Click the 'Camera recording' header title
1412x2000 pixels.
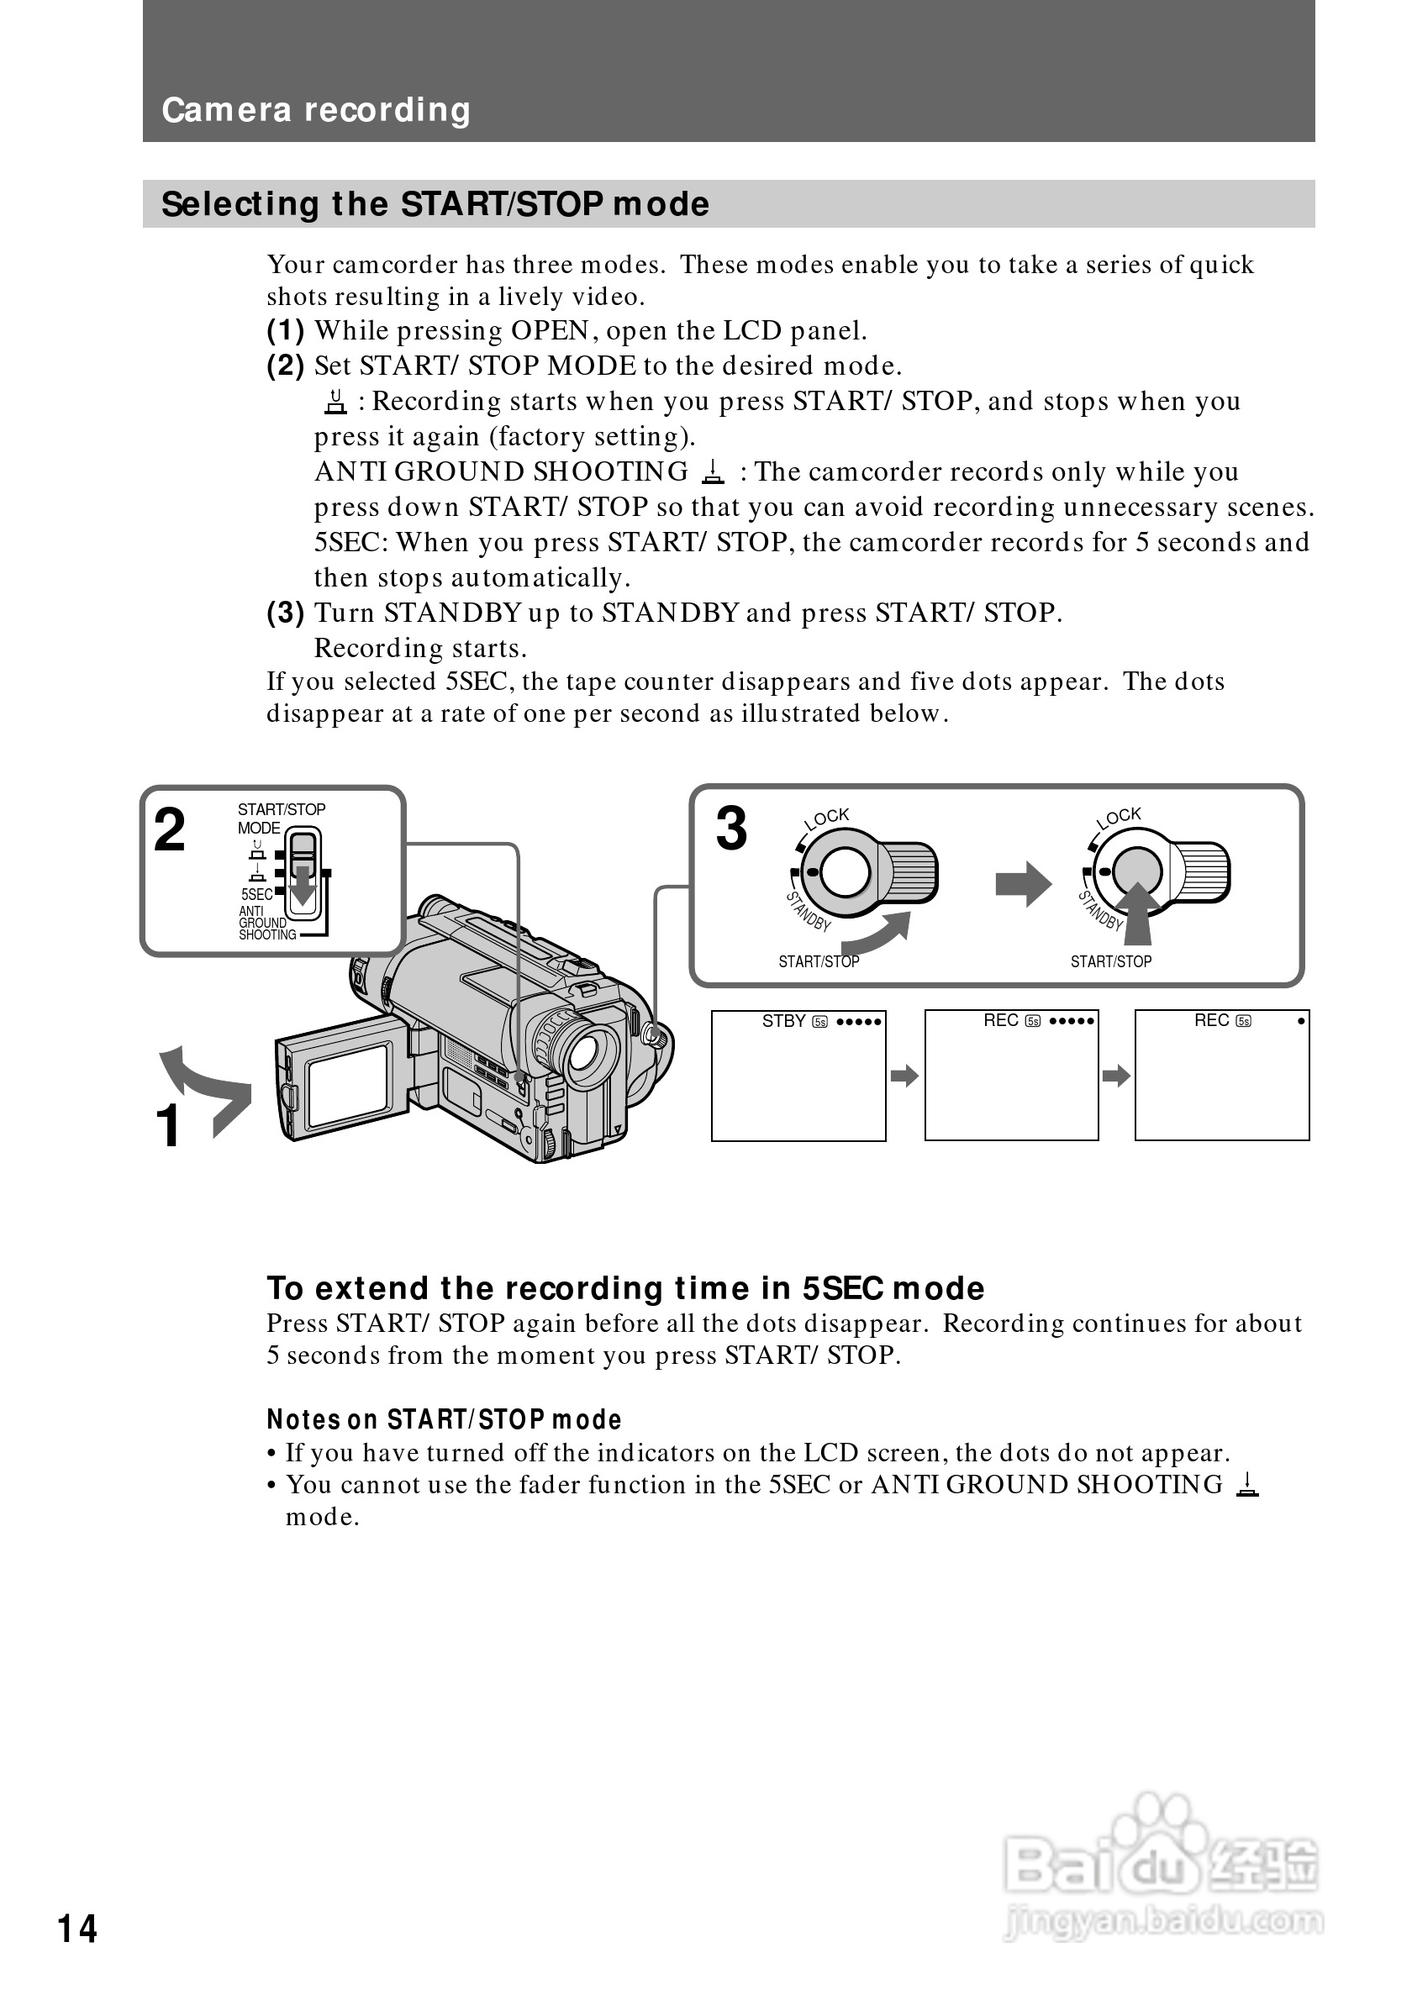coord(316,111)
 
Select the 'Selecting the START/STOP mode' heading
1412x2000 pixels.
coord(435,205)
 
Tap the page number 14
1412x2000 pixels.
coord(77,1929)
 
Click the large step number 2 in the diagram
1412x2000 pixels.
coord(170,829)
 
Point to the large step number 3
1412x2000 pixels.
coord(732,829)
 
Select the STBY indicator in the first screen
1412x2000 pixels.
coord(783,1021)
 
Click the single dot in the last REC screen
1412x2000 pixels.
coord(1301,1021)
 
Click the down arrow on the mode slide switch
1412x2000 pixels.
coord(303,886)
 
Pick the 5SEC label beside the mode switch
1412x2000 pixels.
coord(257,895)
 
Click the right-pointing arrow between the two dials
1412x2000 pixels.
coord(1024,884)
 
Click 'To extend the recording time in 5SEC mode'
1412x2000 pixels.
coord(625,1287)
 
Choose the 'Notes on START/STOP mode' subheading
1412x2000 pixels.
coord(445,1420)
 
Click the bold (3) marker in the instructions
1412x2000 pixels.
coord(286,613)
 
